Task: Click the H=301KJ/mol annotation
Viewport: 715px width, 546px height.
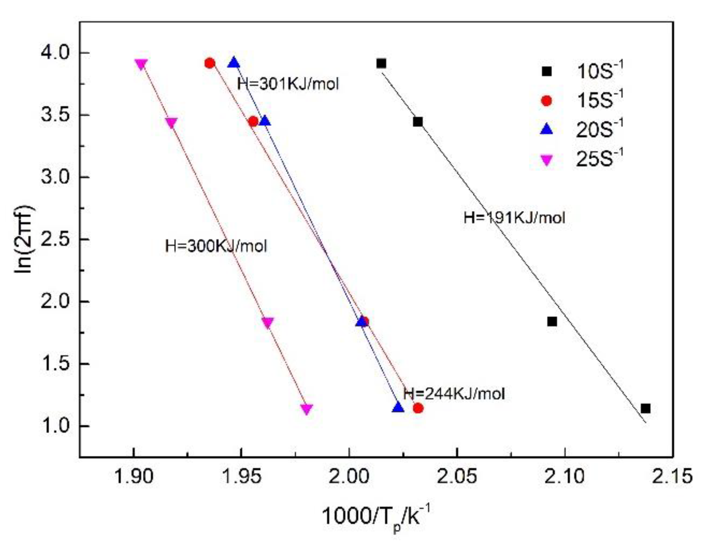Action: coord(288,84)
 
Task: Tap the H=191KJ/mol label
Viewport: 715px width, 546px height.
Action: coord(514,218)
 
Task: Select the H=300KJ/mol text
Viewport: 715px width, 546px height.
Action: coord(216,246)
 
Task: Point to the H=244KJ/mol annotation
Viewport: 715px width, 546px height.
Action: coord(454,393)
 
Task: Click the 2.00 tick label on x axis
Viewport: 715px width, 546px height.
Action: coord(348,476)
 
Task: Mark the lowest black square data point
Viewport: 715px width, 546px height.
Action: coord(645,409)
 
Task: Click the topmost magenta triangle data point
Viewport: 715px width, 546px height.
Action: coord(141,64)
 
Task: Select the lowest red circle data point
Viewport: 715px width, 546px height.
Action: coord(418,408)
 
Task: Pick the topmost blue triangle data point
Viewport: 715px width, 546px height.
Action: coord(234,63)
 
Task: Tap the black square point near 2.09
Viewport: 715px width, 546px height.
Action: coord(552,321)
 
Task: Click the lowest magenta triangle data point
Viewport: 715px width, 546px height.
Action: coord(307,409)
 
